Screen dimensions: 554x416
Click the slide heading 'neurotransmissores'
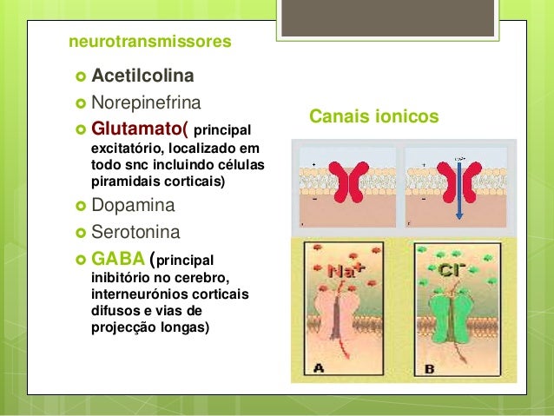(149, 41)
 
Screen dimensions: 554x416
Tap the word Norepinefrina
(146, 102)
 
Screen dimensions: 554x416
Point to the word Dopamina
(133, 206)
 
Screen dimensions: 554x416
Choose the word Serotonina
(137, 233)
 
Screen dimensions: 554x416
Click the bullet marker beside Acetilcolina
(79, 76)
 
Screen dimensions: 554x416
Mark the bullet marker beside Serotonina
(79, 234)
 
